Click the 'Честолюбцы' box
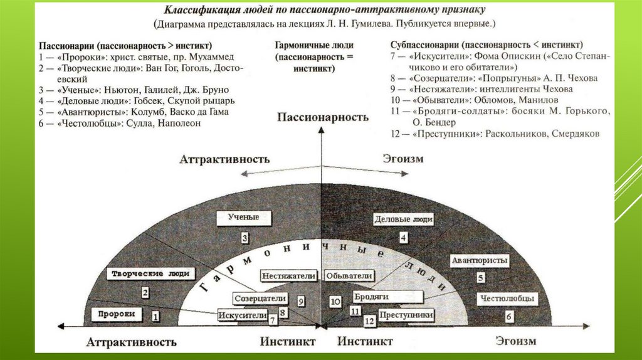509,299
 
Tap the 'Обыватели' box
349,276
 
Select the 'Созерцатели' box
260,299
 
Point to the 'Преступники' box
408,314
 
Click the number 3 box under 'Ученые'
245,238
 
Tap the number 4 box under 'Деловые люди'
404,238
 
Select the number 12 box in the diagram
369,321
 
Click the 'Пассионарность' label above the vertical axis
322,117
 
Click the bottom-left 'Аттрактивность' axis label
131,342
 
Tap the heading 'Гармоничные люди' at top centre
314,46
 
